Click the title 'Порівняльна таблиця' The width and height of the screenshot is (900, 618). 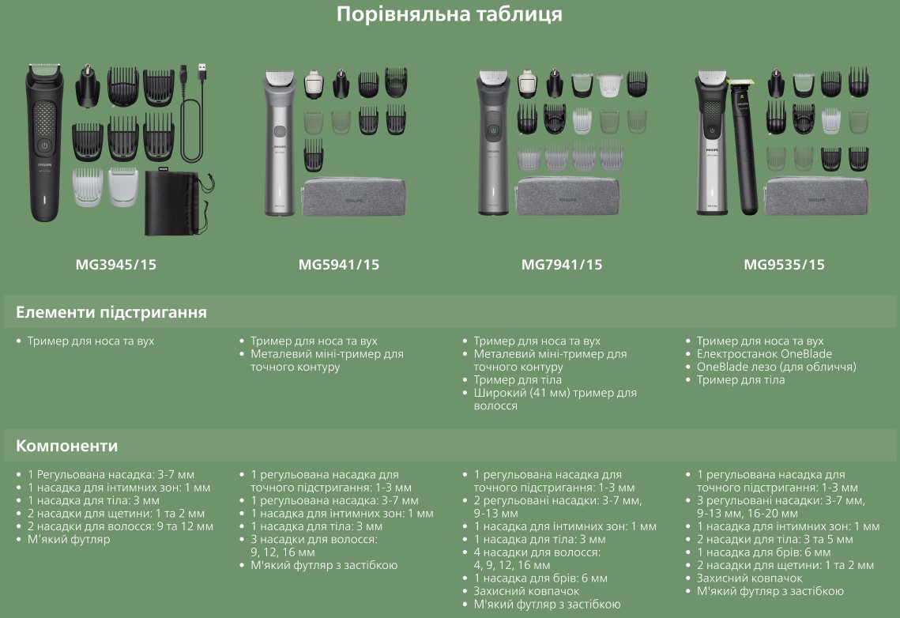pos(450,13)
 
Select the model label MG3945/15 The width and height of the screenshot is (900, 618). pos(116,265)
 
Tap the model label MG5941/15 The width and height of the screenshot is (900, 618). pos(339,265)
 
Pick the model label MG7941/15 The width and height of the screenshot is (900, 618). pos(562,265)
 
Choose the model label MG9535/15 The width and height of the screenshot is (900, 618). pos(784,265)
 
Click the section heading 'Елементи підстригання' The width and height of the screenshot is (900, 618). pos(111,312)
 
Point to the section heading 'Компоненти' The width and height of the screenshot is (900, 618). pos(66,445)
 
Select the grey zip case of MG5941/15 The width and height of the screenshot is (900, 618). pos(354,198)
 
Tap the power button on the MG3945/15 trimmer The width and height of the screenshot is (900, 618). pos(44,145)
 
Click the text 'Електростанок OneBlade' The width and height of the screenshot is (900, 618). pos(764,353)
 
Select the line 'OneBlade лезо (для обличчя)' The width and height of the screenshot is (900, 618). pos(776,367)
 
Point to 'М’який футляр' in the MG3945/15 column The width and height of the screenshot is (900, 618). pos(69,540)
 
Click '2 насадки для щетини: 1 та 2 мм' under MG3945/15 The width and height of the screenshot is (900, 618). pos(116,514)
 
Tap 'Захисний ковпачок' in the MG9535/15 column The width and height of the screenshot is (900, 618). pos(750,578)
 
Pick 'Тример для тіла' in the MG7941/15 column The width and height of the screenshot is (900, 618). pos(518,380)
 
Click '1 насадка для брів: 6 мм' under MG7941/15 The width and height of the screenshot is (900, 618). pos(540,578)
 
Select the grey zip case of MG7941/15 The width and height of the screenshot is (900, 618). pos(567,197)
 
